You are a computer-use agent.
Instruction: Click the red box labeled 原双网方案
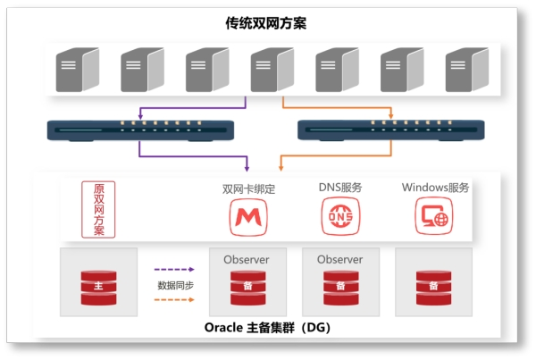point(98,210)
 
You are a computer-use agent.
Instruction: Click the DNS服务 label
point(340,188)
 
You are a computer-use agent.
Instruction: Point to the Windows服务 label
point(435,188)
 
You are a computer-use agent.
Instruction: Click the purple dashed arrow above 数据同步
point(174,268)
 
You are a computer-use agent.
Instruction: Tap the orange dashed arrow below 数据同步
point(174,300)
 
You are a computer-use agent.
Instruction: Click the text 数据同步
point(175,284)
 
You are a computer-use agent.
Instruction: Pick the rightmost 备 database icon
point(432,286)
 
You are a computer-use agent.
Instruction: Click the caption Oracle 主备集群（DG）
point(267,327)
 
